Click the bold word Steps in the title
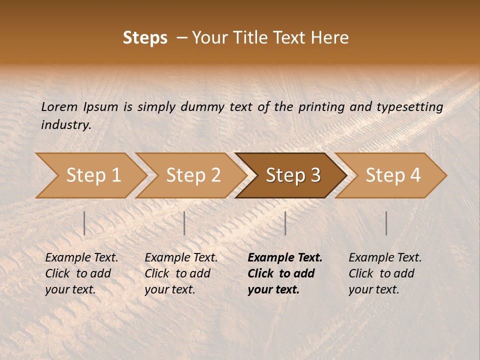point(145,38)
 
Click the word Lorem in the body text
point(59,106)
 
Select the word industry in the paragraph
point(66,124)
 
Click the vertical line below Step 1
point(84,223)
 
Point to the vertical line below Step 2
point(184,223)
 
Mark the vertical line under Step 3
point(285,223)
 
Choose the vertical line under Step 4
point(386,223)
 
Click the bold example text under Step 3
point(284,273)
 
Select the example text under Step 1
point(81,273)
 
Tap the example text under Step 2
point(180,273)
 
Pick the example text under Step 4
point(384,273)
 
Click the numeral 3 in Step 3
point(315,175)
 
